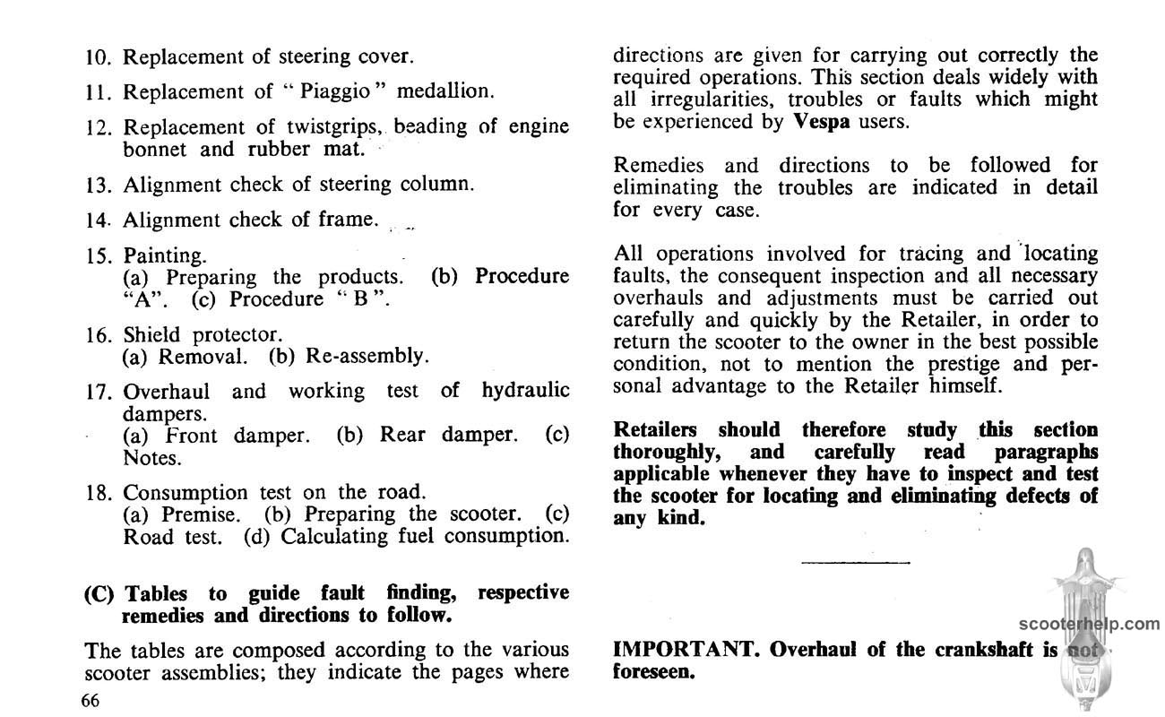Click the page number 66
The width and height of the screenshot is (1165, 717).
89,701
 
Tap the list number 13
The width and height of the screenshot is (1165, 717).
98,185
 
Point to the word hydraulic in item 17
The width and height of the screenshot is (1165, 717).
525,392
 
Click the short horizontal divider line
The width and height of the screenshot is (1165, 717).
855,563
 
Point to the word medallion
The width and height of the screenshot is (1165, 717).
445,91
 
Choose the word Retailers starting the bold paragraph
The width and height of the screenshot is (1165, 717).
658,430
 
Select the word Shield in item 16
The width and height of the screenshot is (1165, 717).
151,335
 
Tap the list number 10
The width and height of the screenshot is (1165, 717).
98,57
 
